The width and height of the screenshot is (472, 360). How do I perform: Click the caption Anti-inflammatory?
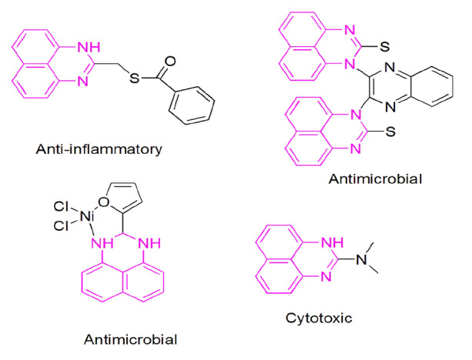(97, 148)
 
